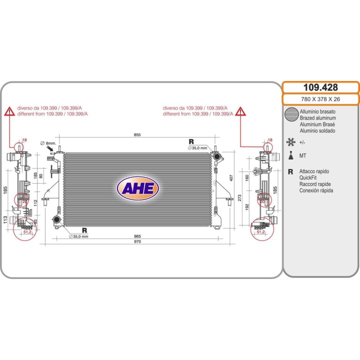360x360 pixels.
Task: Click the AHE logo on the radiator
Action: click(138, 188)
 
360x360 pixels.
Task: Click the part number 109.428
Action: click(320, 87)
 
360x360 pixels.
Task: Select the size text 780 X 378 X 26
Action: click(320, 99)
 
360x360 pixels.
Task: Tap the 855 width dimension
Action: click(137, 135)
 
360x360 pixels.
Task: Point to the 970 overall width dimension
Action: click(137, 241)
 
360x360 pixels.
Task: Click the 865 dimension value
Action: click(137, 236)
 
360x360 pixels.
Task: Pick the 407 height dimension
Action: click(231, 178)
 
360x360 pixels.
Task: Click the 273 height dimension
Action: click(239, 198)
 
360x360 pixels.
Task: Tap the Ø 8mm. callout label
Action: click(48, 143)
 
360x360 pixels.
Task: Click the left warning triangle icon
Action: click(9, 111)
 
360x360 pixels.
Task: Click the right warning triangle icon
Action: click(240, 111)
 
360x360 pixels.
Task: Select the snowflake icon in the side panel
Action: click(291, 142)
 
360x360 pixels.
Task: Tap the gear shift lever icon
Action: click(291, 155)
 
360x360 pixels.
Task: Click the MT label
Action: click(302, 155)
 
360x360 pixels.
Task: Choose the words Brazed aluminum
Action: click(318, 118)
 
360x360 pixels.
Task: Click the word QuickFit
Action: click(308, 177)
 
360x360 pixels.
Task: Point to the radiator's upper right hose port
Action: click(216, 157)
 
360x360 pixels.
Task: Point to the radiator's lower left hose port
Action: click(56, 219)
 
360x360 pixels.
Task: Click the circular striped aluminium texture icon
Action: click(291, 114)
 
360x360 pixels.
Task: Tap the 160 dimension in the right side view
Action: click(247, 178)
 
